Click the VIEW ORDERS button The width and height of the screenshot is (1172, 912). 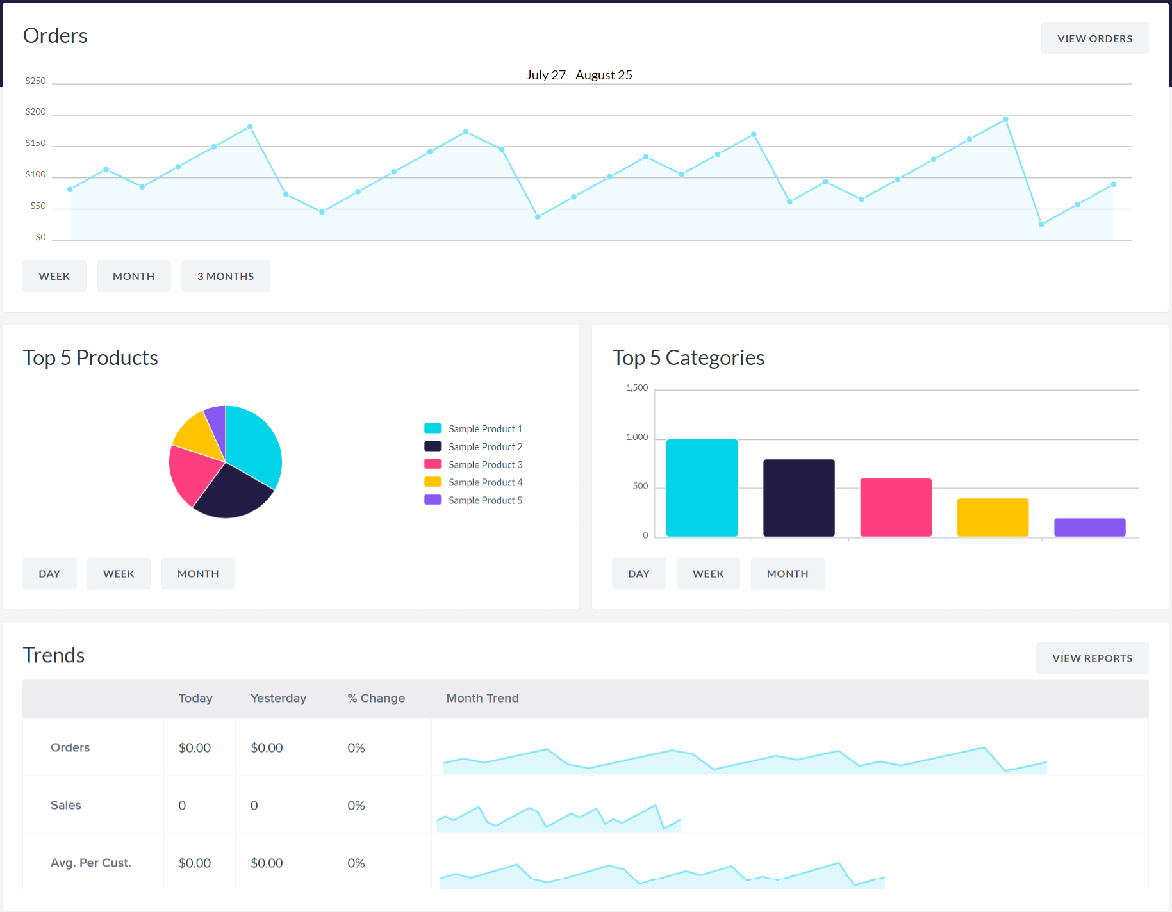tap(1094, 38)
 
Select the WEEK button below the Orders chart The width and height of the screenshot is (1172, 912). tap(54, 276)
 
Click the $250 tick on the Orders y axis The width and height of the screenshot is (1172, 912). tap(36, 81)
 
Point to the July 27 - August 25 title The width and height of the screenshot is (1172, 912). tap(579, 75)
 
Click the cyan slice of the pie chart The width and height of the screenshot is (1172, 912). tap(253, 442)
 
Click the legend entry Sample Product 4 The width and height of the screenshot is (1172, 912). tap(485, 482)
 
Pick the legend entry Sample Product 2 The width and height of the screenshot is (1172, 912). tap(485, 446)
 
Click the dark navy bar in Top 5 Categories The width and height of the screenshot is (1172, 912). tap(798, 498)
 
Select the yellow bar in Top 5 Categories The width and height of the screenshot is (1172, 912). tap(993, 517)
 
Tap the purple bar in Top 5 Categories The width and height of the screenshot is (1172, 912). tap(1089, 527)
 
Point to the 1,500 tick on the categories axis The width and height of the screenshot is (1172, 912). tap(637, 388)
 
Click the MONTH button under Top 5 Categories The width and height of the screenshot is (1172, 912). tap(788, 574)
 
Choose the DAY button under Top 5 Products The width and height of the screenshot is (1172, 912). tap(49, 574)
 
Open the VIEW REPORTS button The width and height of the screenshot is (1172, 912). tap(1092, 658)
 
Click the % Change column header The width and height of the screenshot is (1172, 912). tap(376, 698)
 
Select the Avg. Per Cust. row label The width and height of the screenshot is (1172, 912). tap(91, 863)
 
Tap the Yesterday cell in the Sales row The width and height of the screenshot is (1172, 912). tap(254, 805)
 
